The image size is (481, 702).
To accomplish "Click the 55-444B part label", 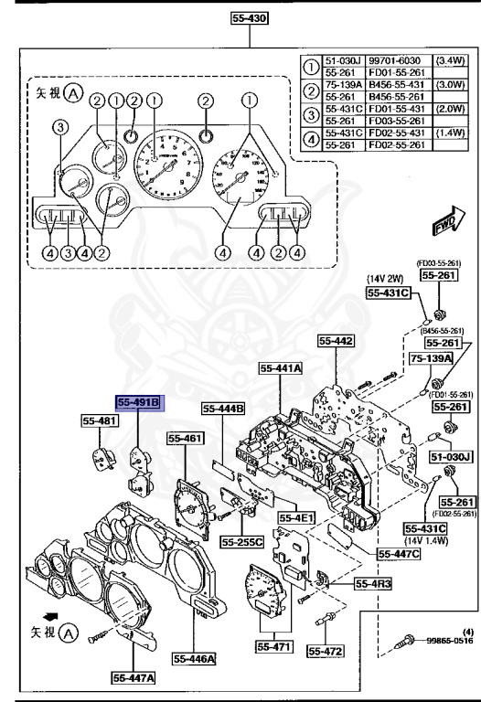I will pyautogui.click(x=223, y=409).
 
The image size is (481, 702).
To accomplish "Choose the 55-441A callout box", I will pyautogui.click(x=283, y=368).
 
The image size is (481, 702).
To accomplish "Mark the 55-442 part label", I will pyautogui.click(x=336, y=341).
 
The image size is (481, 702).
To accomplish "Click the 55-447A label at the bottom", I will pyautogui.click(x=134, y=678).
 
